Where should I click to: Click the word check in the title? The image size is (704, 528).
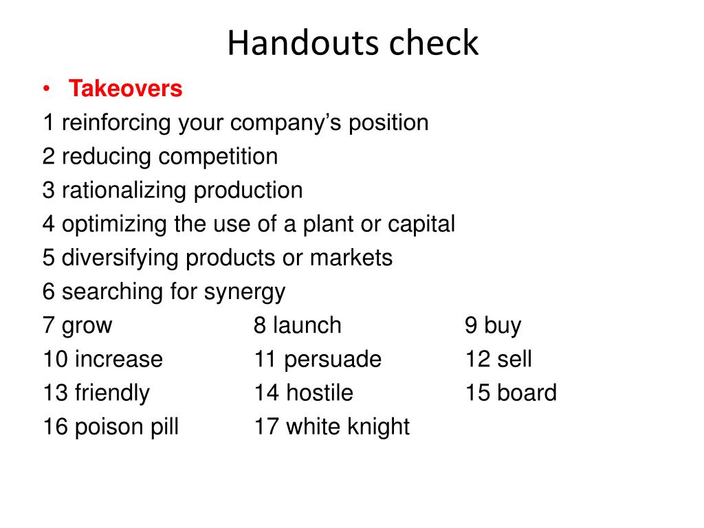[x=434, y=43]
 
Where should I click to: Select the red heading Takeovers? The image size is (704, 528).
[x=125, y=89]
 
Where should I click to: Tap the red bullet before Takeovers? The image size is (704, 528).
[x=46, y=89]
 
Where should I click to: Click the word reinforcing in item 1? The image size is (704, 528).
[x=116, y=123]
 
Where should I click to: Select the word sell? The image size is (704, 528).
[x=514, y=359]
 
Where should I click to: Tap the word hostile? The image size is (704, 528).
[x=320, y=393]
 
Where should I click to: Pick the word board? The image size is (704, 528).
[x=527, y=393]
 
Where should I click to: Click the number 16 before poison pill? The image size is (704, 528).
[x=55, y=427]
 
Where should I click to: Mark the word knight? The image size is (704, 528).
[x=379, y=427]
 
